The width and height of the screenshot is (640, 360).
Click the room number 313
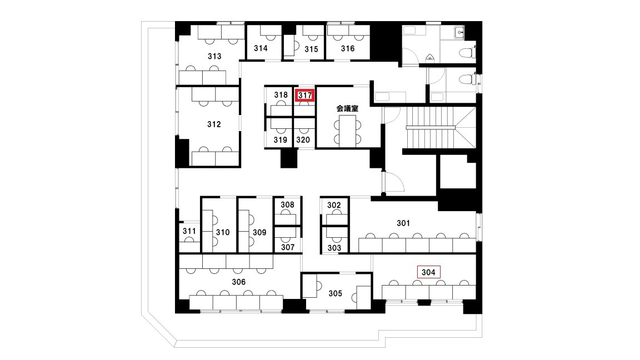pyautogui.click(x=214, y=56)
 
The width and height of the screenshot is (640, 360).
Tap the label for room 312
pyautogui.click(x=214, y=124)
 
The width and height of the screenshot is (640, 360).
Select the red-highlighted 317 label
pyautogui.click(x=305, y=96)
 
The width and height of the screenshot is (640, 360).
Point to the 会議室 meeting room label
pyautogui.click(x=347, y=108)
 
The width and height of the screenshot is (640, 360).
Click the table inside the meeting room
pyautogui.click(x=347, y=130)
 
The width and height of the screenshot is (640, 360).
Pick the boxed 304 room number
pyautogui.click(x=428, y=272)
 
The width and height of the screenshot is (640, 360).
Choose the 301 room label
pyautogui.click(x=403, y=223)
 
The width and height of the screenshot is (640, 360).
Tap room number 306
pyautogui.click(x=239, y=282)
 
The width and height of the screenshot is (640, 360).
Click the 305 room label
pyautogui.click(x=335, y=293)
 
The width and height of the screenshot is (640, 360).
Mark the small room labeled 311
pyautogui.click(x=189, y=231)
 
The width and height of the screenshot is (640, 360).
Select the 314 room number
pyautogui.click(x=261, y=48)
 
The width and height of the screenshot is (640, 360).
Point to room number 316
pyautogui.click(x=348, y=48)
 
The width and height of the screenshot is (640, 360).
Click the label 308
pyautogui.click(x=287, y=204)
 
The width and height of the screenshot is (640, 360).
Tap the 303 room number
pyautogui.click(x=334, y=248)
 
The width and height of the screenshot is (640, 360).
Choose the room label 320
pyautogui.click(x=303, y=139)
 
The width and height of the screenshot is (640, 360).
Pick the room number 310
pyautogui.click(x=223, y=232)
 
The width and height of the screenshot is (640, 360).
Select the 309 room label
pyautogui.click(x=259, y=232)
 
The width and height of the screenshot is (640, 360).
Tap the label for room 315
pyautogui.click(x=311, y=49)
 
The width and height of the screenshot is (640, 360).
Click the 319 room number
pyautogui.click(x=281, y=139)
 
